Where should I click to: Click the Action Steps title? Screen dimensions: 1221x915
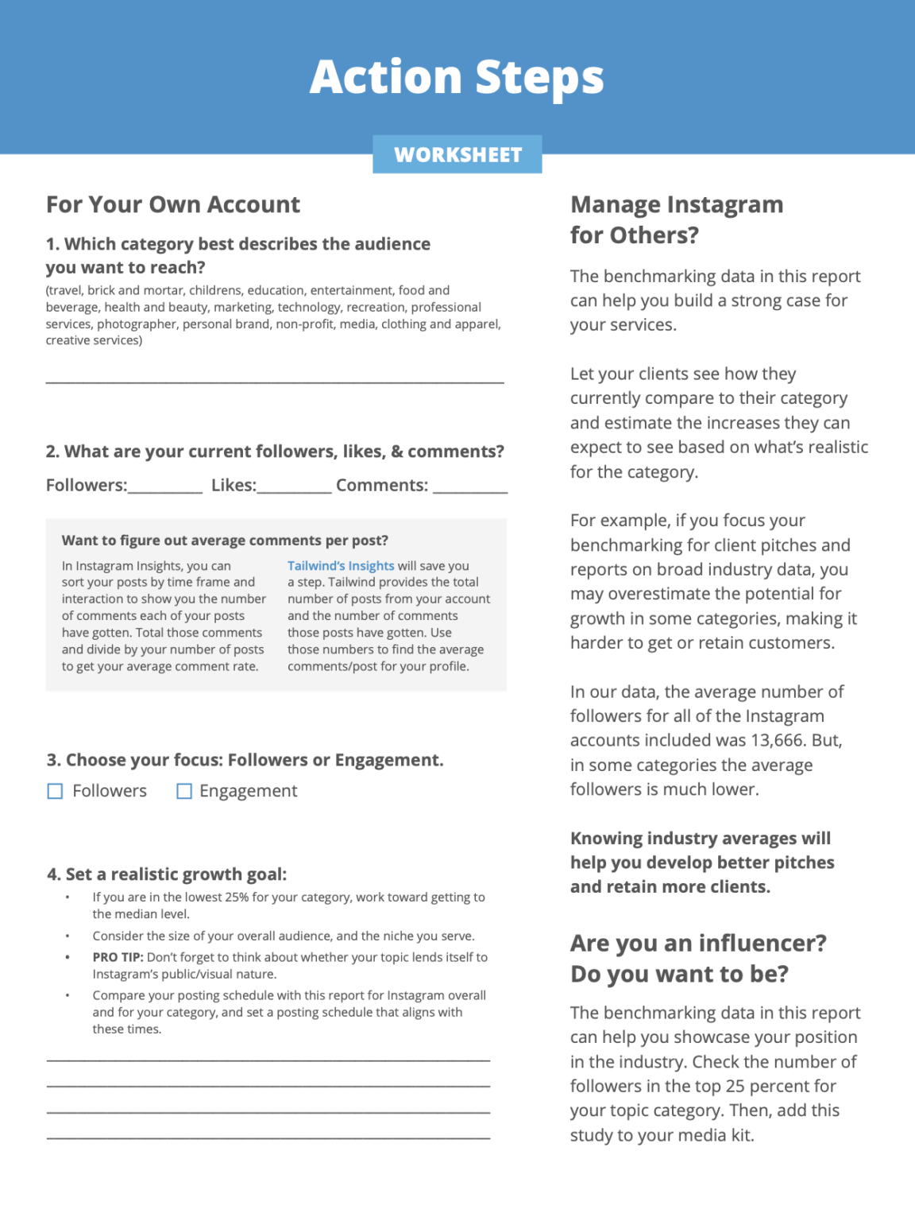tap(457, 77)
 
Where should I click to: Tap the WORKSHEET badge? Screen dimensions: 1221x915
tap(457, 154)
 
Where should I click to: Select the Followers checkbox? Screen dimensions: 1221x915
tap(56, 791)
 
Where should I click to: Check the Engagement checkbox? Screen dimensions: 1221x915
tap(184, 791)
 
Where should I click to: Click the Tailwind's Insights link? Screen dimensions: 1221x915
tap(341, 566)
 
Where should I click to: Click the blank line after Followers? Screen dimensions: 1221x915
tap(165, 490)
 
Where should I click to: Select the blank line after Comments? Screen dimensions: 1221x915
tap(470, 490)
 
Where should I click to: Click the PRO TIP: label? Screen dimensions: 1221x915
tap(118, 957)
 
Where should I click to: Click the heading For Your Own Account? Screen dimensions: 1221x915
tap(173, 204)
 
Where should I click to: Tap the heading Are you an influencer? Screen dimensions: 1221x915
tap(698, 943)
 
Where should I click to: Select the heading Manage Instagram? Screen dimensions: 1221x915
tap(677, 204)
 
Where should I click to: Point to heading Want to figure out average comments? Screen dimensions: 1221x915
tap(225, 541)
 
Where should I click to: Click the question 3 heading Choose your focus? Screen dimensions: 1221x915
tap(245, 760)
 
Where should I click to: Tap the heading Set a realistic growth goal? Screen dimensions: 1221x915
tap(167, 874)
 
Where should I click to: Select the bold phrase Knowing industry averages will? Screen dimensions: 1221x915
tap(701, 839)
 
